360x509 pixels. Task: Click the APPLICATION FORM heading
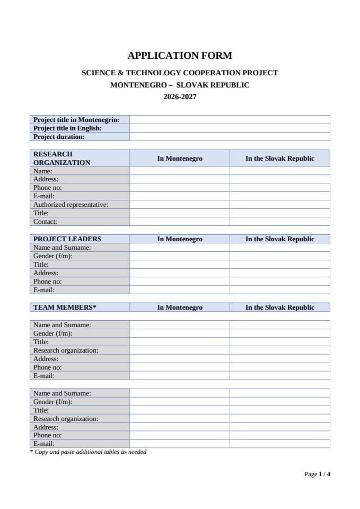coord(180,55)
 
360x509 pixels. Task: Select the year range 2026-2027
coord(180,97)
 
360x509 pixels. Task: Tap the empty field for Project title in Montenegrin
coord(230,120)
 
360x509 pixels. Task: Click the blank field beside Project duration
coord(230,137)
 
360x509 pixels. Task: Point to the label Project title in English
coord(67,128)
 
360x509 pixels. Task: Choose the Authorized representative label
coord(71,205)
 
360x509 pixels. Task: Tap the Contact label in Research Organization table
coord(45,222)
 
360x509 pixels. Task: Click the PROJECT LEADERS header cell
coord(67,239)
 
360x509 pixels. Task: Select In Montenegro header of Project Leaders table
coord(180,239)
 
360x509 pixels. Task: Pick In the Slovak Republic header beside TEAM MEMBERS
coord(279,308)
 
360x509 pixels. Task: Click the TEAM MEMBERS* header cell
coord(65,308)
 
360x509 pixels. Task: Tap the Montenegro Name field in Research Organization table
coord(180,171)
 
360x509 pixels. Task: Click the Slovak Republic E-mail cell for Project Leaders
coord(279,290)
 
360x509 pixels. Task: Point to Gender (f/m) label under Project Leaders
coord(52,256)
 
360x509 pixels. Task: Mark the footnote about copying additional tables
coord(88,452)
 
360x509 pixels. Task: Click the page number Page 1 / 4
coord(318,474)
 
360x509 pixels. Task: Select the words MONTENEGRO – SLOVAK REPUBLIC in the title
coord(180,85)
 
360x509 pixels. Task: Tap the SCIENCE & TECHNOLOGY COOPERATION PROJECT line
coord(180,73)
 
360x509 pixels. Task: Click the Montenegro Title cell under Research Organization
coord(180,213)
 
